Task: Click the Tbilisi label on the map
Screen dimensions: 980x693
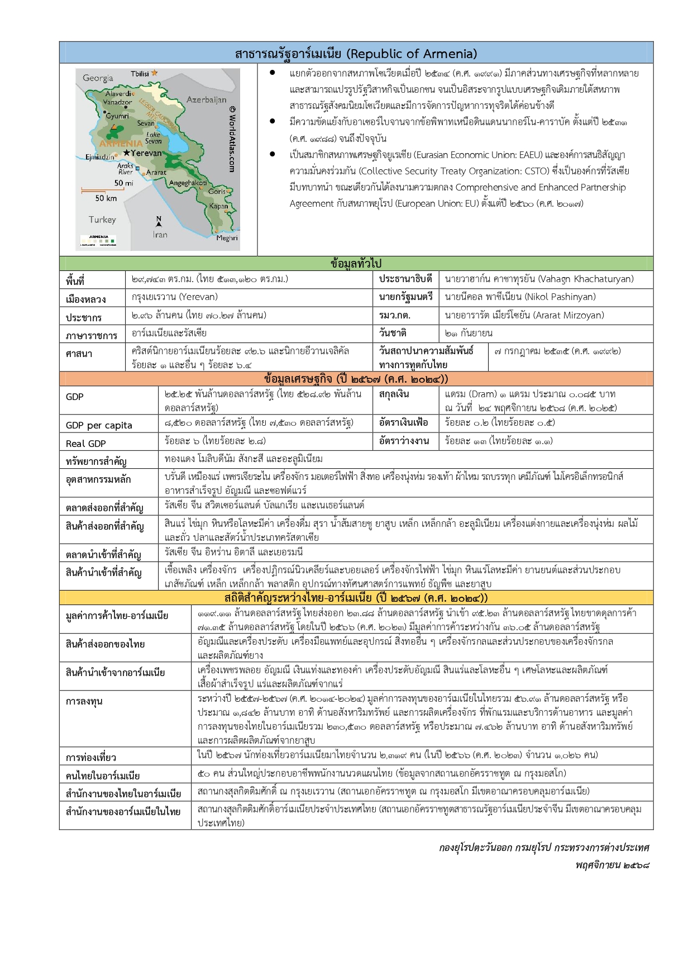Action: pyautogui.click(x=140, y=74)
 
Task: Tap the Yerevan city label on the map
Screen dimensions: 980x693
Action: pyautogui.click(x=146, y=153)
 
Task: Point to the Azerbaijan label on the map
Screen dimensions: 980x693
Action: pyautogui.click(x=206, y=100)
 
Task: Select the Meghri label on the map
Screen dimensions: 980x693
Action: pyautogui.click(x=227, y=238)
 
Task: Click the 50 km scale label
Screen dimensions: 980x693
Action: pyautogui.click(x=106, y=198)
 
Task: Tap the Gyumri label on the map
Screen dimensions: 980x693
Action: pyautogui.click(x=117, y=116)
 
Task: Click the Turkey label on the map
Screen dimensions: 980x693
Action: pyautogui.click(x=102, y=220)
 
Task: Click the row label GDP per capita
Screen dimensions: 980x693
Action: pyautogui.click(x=99, y=425)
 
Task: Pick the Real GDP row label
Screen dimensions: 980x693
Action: pyautogui.click(x=85, y=444)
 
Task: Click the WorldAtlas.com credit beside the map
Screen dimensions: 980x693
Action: pyautogui.click(x=232, y=140)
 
